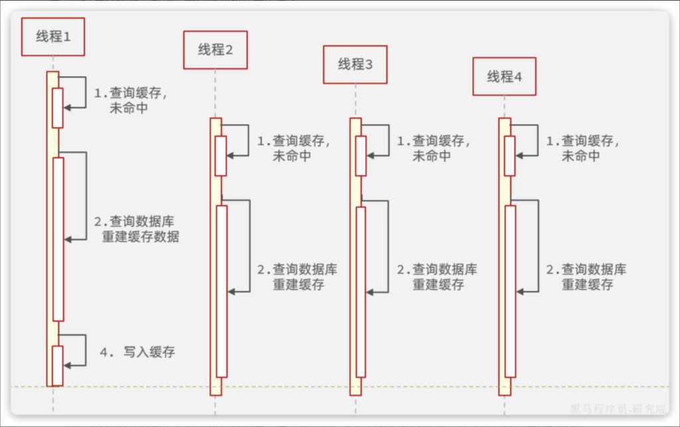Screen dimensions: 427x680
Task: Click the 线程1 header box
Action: pos(53,37)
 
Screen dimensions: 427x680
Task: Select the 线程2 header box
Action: pos(215,50)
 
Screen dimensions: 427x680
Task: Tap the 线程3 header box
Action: pos(355,64)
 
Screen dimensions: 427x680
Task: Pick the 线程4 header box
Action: pos(505,76)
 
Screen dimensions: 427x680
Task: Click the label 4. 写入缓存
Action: pos(137,352)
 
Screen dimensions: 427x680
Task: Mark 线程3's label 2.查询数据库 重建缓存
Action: pos(437,277)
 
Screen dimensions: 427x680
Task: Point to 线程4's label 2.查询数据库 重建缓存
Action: pos(586,277)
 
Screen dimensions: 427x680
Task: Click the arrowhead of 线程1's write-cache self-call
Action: pos(67,364)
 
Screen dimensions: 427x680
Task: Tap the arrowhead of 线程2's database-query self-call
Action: pos(231,291)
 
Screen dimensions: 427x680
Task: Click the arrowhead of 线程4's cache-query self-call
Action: pos(519,155)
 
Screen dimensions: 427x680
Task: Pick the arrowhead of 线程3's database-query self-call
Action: pos(370,291)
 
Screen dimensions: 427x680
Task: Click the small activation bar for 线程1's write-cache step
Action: pos(58,365)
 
